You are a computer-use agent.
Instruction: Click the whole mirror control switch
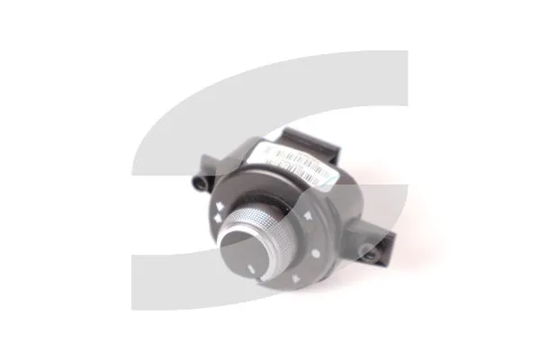279,211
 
